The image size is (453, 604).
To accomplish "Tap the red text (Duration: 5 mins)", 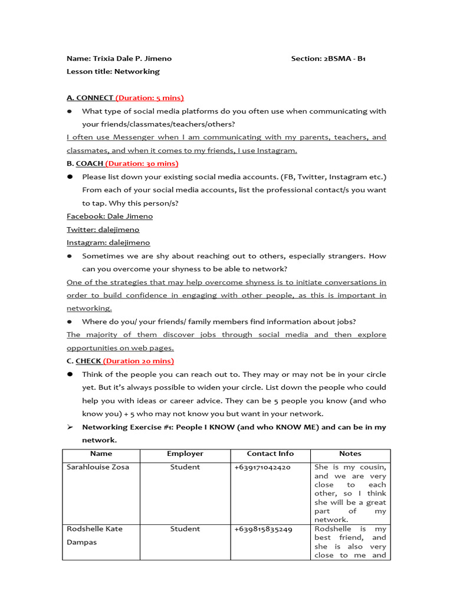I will click(150, 98).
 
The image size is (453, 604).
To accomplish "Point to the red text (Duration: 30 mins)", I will click(142, 163).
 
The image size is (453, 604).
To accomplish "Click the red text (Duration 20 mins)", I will click(139, 361).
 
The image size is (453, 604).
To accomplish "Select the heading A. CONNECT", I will click(90, 98).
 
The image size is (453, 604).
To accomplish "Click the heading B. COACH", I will click(85, 163).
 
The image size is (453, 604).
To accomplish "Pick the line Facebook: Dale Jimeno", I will click(110, 216).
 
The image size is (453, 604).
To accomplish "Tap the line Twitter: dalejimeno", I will click(103, 229).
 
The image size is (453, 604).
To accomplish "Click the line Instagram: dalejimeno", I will click(109, 242).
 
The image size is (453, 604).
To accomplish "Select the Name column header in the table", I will click(101, 454).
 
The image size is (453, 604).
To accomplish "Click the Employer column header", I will click(185, 454).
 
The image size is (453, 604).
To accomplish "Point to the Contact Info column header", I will click(270, 454).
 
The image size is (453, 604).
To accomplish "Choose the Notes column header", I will click(350, 454).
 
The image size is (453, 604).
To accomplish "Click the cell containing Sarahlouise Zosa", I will click(98, 467).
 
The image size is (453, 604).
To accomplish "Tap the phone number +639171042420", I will click(262, 467).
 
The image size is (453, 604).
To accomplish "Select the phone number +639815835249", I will click(263, 529).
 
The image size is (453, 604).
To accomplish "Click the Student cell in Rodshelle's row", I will click(185, 529).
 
